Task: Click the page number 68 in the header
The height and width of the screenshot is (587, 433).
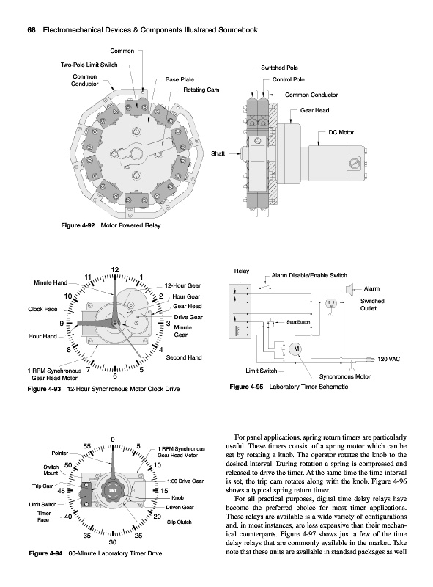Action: pos(32,30)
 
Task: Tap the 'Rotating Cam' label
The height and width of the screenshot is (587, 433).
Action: pos(201,90)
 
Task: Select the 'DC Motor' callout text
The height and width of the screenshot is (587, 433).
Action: pos(341,132)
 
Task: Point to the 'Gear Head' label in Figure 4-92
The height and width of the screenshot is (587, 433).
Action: pos(314,110)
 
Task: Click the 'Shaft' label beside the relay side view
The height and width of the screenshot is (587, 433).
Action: pos(218,153)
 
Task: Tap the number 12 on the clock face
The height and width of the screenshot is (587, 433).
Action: pos(115,270)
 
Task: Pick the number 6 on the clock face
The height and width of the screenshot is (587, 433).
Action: pos(115,376)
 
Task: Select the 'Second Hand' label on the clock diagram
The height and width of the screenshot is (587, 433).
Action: pos(184,357)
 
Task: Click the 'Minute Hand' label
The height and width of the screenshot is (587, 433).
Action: pos(51,282)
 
